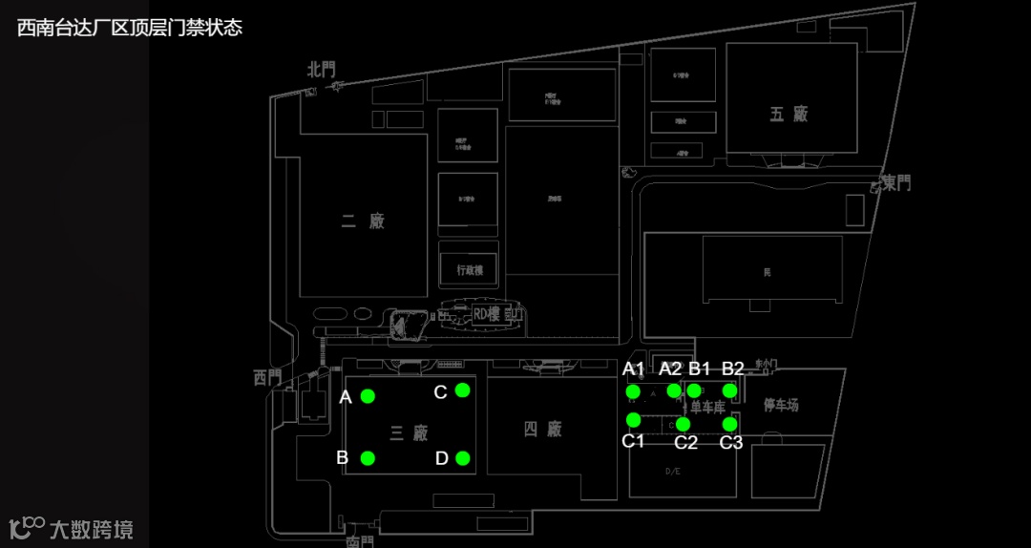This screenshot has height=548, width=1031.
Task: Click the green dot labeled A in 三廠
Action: coord(368,395)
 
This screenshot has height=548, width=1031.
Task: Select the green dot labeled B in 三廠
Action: coord(368,458)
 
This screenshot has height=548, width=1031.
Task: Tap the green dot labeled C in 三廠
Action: coord(462,390)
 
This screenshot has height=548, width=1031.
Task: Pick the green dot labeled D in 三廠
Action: coord(462,458)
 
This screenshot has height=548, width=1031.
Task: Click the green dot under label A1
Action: coord(632,390)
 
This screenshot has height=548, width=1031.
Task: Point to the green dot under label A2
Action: coord(674,390)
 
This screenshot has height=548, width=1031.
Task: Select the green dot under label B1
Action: coord(695,390)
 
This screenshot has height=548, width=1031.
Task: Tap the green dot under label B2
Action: coord(729,390)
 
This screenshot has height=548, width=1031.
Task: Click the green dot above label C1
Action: coord(633,419)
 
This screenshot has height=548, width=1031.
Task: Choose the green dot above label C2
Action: coord(683,423)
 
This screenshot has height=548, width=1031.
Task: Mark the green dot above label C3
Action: coord(729,423)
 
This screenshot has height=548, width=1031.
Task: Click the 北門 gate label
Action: coord(322,70)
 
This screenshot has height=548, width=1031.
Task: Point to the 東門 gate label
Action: coord(896,182)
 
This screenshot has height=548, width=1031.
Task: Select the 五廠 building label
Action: coord(789,114)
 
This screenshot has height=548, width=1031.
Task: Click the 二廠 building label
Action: coord(363,221)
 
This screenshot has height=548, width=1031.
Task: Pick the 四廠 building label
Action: coord(542,430)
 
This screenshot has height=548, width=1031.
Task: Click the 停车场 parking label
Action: coord(781,406)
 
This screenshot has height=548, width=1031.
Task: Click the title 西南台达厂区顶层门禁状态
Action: coord(130,28)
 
